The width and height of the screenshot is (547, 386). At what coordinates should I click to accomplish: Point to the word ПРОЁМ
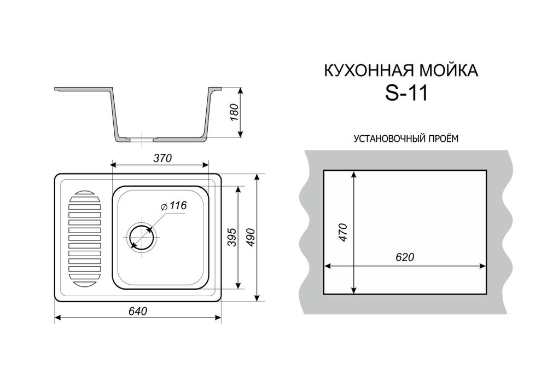point(441,139)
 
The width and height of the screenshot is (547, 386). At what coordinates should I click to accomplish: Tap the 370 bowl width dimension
point(162,158)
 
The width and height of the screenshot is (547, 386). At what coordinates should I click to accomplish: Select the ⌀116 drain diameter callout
point(174,206)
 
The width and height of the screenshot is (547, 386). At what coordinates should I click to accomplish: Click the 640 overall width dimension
point(137,311)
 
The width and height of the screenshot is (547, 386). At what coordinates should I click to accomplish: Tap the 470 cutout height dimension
point(344,233)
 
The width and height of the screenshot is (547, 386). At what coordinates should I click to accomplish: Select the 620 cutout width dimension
point(403,257)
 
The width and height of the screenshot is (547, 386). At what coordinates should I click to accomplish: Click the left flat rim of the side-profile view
point(82,88)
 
